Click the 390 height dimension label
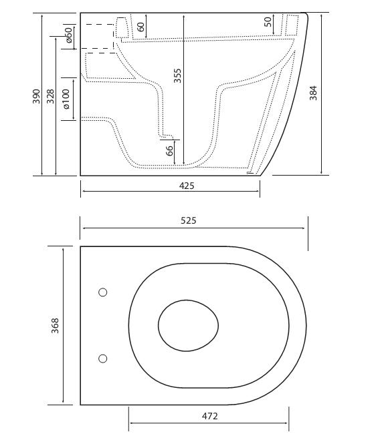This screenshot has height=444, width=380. coord(36,96)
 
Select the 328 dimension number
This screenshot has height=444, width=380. coord(51,96)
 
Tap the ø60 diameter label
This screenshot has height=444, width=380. coord(70,35)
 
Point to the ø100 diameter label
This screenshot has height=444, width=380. coord(66,99)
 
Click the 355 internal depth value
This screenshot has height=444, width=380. coord(177,75)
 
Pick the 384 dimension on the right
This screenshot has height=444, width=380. coord(313,93)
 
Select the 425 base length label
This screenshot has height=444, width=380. coord(187,186)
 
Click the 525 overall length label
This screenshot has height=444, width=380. coord(189,220)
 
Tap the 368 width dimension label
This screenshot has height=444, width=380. coord(55,326)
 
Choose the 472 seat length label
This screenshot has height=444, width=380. coord(210,416)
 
